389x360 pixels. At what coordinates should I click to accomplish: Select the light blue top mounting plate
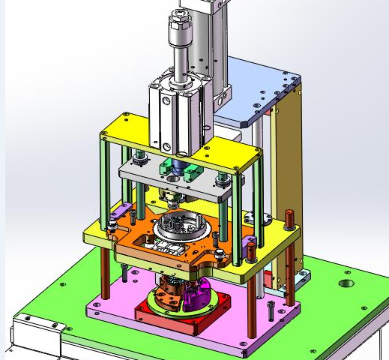pyautogui.click(x=259, y=82)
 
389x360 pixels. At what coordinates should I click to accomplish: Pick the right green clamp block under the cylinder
pyautogui.click(x=193, y=171)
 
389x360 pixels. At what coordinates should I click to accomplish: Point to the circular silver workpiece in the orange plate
pyautogui.click(x=180, y=223)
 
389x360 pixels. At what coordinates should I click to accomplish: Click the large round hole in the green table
pyautogui.click(x=346, y=285)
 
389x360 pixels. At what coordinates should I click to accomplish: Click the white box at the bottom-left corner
pyautogui.click(x=34, y=337)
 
